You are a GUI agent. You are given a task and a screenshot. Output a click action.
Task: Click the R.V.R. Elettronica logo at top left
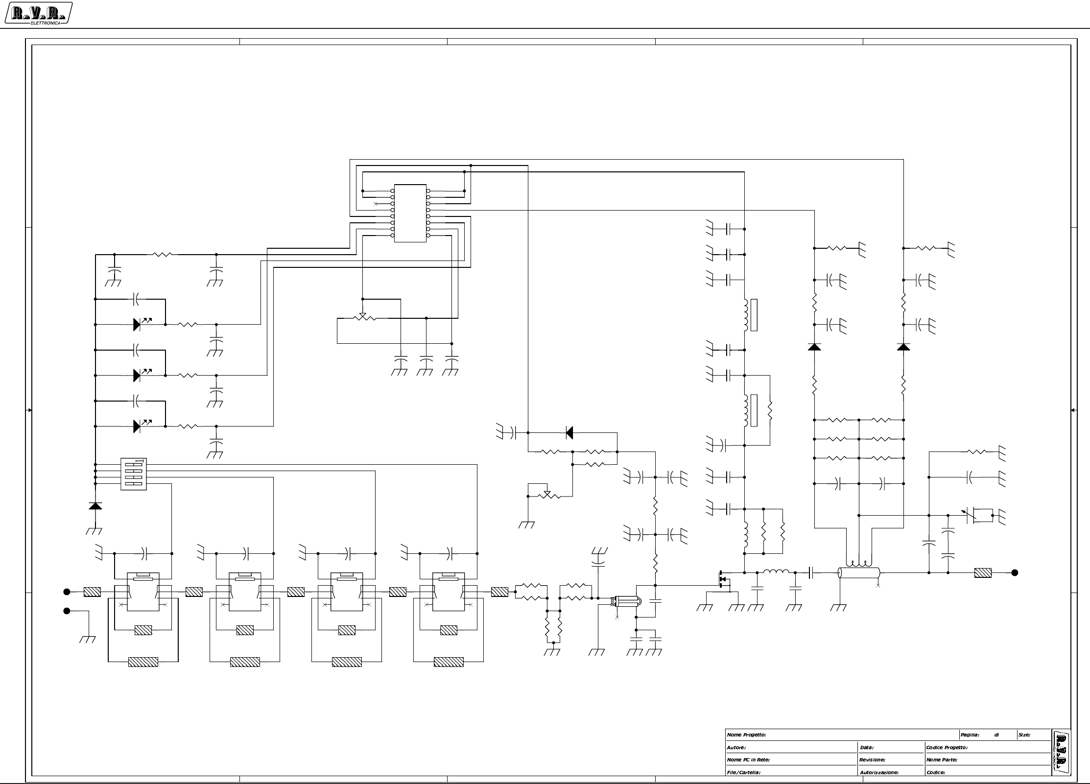coord(38,13)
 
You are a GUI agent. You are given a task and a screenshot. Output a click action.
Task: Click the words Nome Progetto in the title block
coord(746,735)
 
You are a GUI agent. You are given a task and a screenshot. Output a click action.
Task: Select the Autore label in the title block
coord(736,747)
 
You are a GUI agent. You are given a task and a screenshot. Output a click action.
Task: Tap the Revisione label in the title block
coord(872,760)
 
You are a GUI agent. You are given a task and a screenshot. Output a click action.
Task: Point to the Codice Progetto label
coord(947,747)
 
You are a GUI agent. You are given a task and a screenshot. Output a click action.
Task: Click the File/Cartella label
coord(743,772)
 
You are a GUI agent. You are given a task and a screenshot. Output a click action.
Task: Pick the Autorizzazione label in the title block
coord(879,772)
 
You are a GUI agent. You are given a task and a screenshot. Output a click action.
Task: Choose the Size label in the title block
coord(1024,735)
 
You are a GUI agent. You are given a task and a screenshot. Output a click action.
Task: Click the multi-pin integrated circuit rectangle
coord(410,213)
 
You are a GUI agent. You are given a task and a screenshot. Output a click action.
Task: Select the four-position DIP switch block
coord(133,474)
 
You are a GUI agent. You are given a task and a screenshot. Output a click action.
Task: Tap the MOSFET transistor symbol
coord(723,579)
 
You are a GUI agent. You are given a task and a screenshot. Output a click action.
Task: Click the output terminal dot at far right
coord(1015,572)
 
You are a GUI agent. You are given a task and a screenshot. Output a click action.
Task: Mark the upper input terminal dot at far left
coord(67,592)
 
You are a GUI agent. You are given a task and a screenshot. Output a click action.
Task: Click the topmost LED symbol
coord(138,324)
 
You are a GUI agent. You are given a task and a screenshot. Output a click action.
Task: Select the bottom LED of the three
coord(138,426)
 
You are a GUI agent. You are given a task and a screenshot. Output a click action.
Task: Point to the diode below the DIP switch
coord(95,505)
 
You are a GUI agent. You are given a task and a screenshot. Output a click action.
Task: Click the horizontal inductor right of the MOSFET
coord(776,571)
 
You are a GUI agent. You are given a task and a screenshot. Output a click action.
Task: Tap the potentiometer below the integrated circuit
coord(363,317)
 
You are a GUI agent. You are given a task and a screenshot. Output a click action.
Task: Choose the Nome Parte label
coord(941,760)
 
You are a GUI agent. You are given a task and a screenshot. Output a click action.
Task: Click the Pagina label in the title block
coord(970,735)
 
